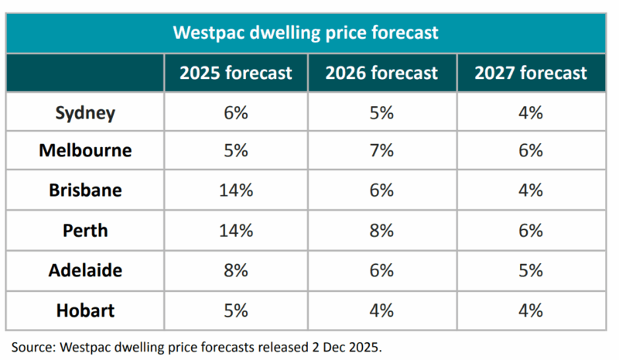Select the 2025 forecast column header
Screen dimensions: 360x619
pyautogui.click(x=236, y=74)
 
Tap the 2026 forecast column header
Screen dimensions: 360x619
pyautogui.click(x=381, y=74)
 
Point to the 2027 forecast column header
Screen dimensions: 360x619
pyautogui.click(x=531, y=74)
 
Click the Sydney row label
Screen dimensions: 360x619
pyautogui.click(x=85, y=113)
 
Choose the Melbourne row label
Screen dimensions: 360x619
pyautogui.click(x=85, y=150)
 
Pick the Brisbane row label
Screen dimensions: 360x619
pyautogui.click(x=85, y=190)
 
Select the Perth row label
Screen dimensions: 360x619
pyautogui.click(x=85, y=231)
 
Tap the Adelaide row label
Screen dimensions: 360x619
pyautogui.click(x=85, y=271)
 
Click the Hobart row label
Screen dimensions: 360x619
pyautogui.click(x=85, y=311)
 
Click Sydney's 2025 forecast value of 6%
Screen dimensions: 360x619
pyautogui.click(x=236, y=113)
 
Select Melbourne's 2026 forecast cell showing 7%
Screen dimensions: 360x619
pyautogui.click(x=381, y=150)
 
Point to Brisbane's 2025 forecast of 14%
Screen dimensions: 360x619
pyautogui.click(x=236, y=190)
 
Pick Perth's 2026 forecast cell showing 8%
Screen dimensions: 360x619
pyautogui.click(x=381, y=231)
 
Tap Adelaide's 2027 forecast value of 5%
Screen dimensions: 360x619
pyautogui.click(x=531, y=271)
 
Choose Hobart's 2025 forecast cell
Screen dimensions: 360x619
pyautogui.click(x=236, y=311)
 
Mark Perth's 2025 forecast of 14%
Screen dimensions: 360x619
pyautogui.click(x=236, y=231)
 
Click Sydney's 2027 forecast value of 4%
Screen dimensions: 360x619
pyautogui.click(x=531, y=113)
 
